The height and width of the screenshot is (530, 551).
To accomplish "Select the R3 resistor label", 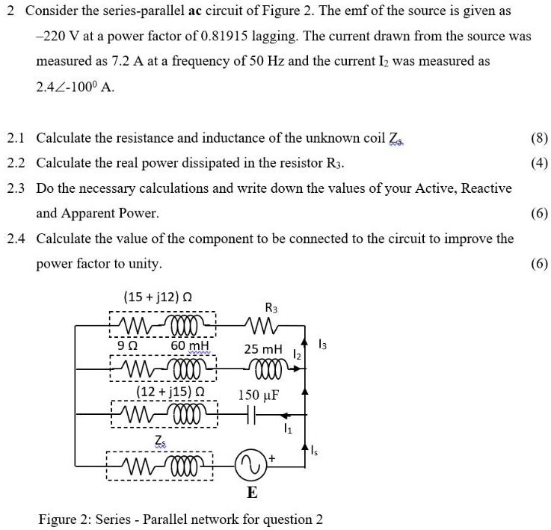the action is pyautogui.click(x=271, y=307).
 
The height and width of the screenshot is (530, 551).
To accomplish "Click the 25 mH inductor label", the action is pyautogui.click(x=263, y=349).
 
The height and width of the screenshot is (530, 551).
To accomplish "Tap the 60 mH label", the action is pyautogui.click(x=190, y=346).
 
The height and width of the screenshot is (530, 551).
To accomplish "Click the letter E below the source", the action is pyautogui.click(x=252, y=493).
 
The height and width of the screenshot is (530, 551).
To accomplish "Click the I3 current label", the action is pyautogui.click(x=321, y=344).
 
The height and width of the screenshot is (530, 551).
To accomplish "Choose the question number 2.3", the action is pyautogui.click(x=16, y=188).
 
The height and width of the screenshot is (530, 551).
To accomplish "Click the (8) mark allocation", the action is pyautogui.click(x=538, y=138).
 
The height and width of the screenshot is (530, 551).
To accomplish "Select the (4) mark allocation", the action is pyautogui.click(x=538, y=163).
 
